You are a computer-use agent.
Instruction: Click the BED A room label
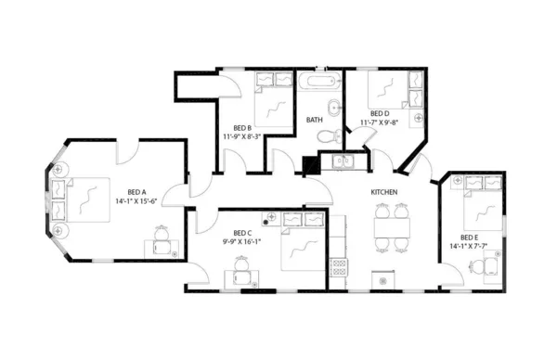point(135,191)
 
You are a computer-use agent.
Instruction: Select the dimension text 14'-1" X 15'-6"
point(136,200)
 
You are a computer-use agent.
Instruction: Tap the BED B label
point(243,127)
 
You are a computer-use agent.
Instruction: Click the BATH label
point(315,120)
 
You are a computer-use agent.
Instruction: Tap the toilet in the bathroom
point(322,136)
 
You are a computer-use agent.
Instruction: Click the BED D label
point(379,113)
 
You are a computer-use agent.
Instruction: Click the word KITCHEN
point(384,191)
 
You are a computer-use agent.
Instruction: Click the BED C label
point(242,232)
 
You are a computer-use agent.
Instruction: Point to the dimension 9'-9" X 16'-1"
point(242,241)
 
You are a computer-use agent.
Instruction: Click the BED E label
point(470,237)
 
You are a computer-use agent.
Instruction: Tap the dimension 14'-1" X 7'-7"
point(470,246)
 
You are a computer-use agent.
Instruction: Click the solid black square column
point(311,165)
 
